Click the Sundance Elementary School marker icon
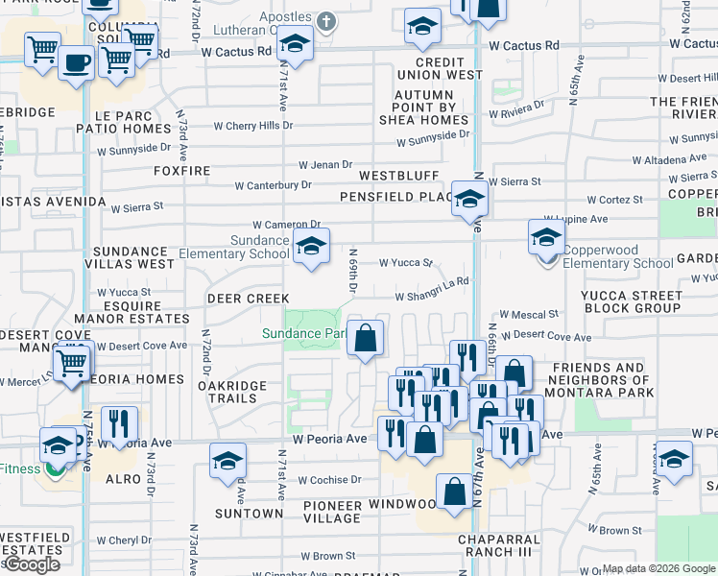point(311,247)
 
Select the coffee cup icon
point(76,63)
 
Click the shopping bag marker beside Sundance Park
point(365,338)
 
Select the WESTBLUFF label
point(398,176)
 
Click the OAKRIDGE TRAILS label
point(232,392)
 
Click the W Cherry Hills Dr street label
point(252,126)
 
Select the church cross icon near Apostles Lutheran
point(326,20)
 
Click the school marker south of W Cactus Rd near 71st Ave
point(296,44)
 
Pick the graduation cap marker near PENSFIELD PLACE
point(469,200)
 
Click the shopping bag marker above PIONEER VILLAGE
point(453,493)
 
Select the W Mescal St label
point(528,314)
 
